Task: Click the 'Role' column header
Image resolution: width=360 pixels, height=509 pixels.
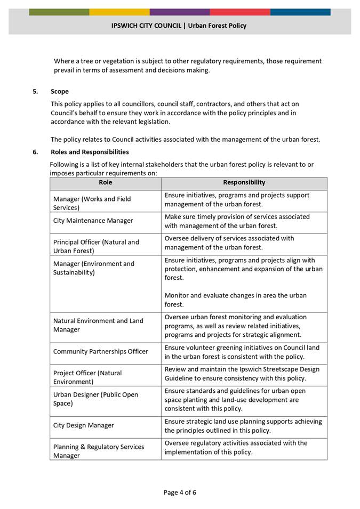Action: [106, 183]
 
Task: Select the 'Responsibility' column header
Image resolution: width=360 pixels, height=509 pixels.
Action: [244, 183]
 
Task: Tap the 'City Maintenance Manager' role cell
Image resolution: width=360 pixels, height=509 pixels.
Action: [93, 221]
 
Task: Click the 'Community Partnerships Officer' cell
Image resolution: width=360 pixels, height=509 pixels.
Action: [101, 351]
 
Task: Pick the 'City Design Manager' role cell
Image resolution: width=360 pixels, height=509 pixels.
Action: [83, 425]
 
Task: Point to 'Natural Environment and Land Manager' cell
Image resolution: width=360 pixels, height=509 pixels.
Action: [98, 325]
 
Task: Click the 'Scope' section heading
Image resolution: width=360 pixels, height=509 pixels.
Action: [60, 92]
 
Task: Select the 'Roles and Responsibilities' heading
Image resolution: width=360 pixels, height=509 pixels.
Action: [90, 152]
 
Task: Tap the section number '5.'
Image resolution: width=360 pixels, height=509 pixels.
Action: [36, 92]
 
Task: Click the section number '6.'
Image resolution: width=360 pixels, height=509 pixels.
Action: [36, 152]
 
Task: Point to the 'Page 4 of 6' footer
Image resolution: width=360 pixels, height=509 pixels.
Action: [180, 492]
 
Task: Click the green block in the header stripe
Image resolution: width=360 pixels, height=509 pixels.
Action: [59, 12]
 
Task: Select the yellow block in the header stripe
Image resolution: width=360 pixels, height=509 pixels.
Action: [119, 12]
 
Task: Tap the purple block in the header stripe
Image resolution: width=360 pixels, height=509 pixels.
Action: [180, 12]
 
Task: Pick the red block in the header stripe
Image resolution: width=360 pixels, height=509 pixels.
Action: [240, 12]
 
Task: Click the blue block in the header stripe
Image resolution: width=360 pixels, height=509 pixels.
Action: [300, 12]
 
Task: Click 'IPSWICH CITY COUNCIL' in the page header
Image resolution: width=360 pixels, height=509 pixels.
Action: [146, 26]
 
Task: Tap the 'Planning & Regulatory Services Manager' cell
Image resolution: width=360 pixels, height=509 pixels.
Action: [99, 451]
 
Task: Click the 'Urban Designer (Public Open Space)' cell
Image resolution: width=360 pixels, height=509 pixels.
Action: [95, 399]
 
